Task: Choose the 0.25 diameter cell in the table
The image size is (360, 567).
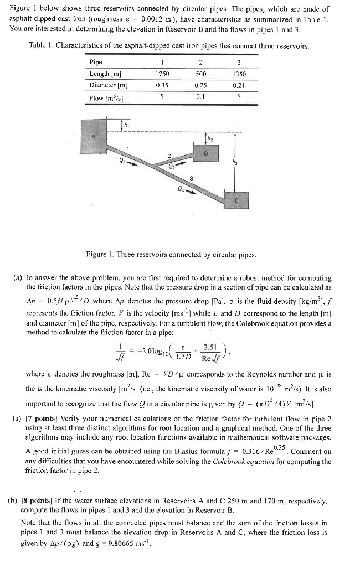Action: point(200,85)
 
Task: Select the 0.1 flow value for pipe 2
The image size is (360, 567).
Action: point(200,97)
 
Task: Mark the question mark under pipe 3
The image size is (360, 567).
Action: point(239,97)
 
